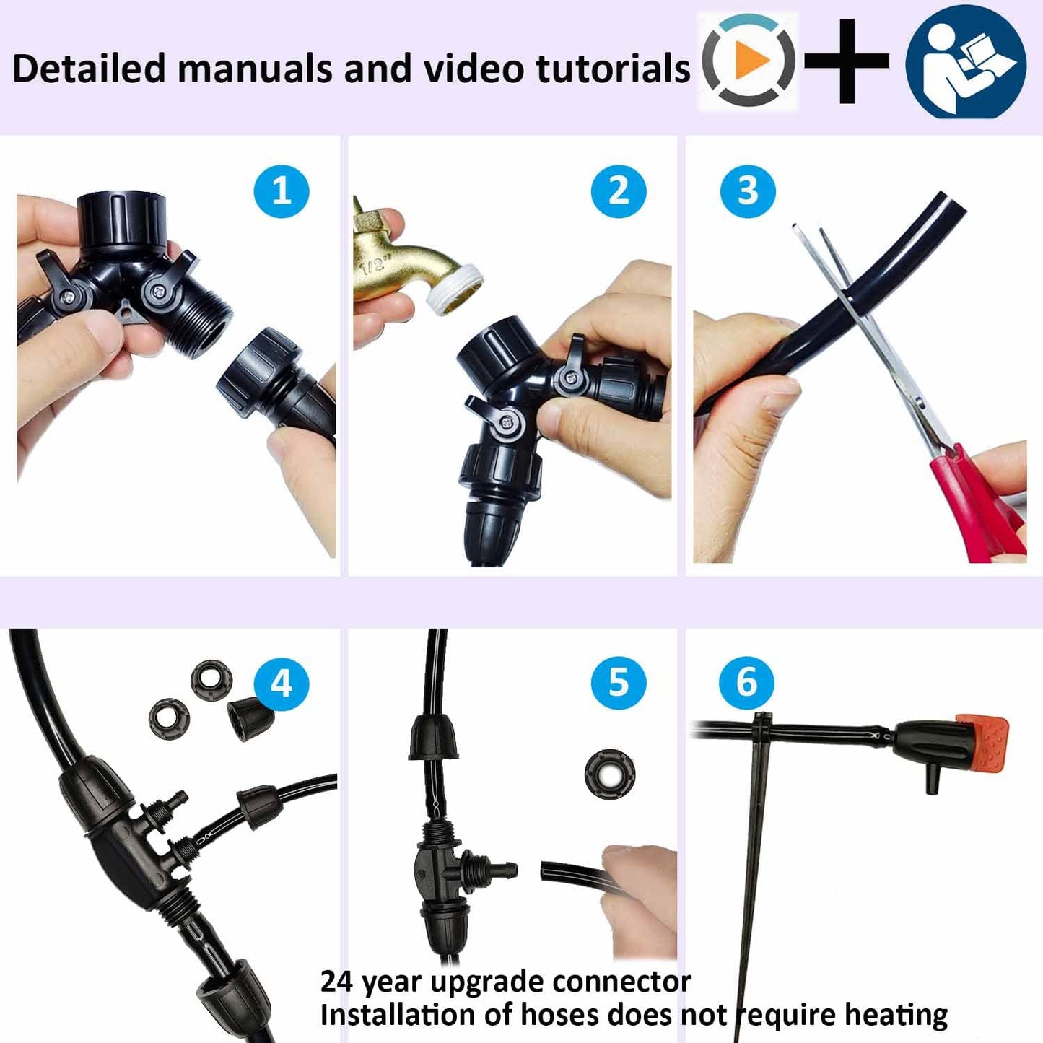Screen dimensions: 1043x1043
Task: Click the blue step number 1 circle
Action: [x=282, y=191]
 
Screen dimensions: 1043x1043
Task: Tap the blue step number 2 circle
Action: [x=619, y=191]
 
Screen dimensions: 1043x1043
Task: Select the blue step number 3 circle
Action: [x=748, y=191]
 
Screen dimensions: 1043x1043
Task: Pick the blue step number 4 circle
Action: [x=282, y=684]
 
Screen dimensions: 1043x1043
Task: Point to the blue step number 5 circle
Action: [x=619, y=683]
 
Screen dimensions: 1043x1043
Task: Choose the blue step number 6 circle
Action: [x=747, y=683]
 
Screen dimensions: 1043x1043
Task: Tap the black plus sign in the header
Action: [x=847, y=61]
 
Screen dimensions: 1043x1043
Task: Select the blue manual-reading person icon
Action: [x=966, y=62]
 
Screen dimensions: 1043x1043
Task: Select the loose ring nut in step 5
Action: [x=610, y=774]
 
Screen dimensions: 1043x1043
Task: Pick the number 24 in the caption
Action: [x=336, y=982]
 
